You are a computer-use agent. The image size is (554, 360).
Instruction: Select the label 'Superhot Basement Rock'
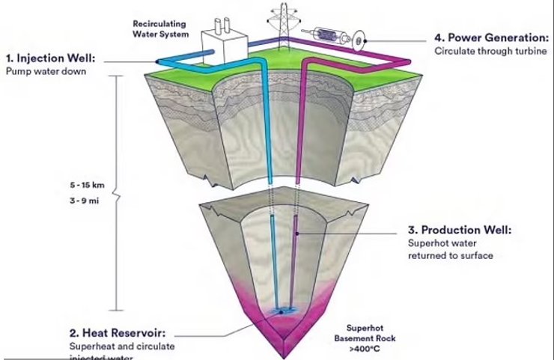tap(369, 332)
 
